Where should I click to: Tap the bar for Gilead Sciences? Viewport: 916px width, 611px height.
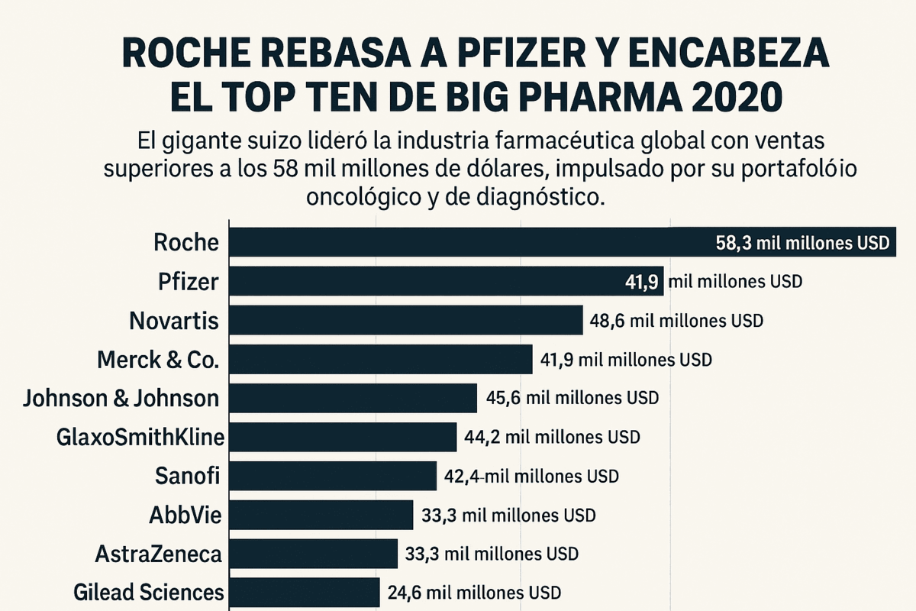pos(305,592)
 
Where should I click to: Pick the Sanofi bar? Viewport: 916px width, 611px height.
pos(333,475)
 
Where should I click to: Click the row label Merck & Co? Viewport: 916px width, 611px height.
pos(158,359)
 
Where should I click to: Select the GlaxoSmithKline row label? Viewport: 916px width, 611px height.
pos(140,437)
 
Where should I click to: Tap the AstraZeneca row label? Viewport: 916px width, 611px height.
pos(159,554)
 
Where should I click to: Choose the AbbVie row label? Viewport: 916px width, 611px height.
pos(185,515)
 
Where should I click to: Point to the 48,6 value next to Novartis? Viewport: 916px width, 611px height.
pos(608,321)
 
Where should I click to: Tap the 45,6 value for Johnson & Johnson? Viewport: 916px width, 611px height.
pos(504,398)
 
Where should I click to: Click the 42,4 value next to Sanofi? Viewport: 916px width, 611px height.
pos(463,476)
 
